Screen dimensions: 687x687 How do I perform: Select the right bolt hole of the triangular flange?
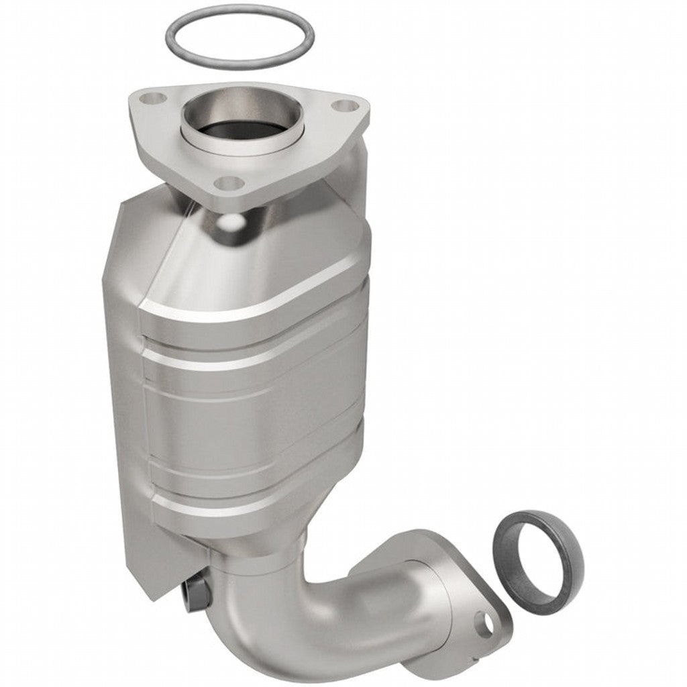click(x=344, y=105)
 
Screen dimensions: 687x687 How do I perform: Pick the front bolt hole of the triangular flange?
click(x=229, y=182)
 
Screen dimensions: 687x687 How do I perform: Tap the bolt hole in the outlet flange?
click(x=482, y=623)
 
